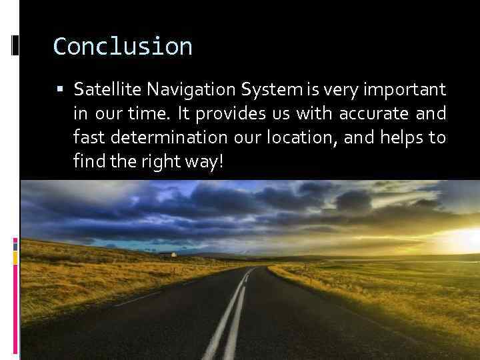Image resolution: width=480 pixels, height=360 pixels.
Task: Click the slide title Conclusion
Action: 123,47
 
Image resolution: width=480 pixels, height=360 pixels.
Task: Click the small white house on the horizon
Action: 173,254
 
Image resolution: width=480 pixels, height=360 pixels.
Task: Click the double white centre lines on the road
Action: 230,313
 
